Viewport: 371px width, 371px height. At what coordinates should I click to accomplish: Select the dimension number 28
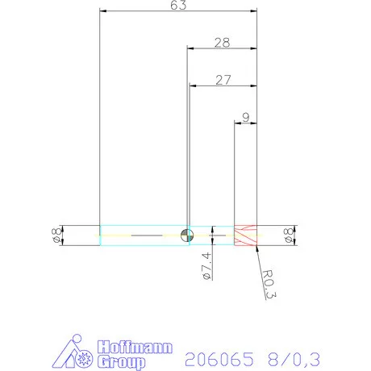coord(222,42)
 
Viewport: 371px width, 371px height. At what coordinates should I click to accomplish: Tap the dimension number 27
coord(223,79)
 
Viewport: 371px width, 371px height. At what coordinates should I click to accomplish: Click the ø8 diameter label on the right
coord(288,235)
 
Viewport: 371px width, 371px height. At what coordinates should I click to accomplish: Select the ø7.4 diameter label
coord(206,266)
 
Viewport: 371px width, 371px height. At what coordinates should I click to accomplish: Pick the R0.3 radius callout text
coord(269,285)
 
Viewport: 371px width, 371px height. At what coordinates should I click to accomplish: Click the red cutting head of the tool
coord(244,235)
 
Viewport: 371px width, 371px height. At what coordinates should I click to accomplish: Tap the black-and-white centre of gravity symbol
coord(186,235)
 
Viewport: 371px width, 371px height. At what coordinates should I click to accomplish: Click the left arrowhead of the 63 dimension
coord(102,12)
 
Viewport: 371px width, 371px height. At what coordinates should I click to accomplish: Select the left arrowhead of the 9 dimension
coord(236,123)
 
